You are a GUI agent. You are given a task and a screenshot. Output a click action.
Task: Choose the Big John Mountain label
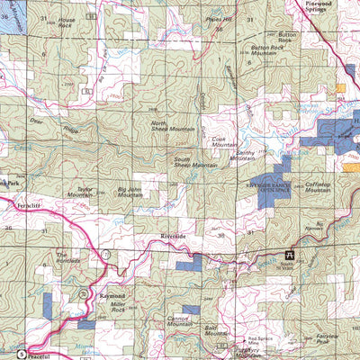tap(135, 192)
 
